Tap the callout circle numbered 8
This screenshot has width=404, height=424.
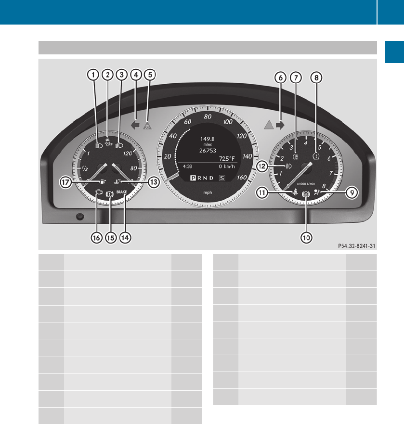[x=316, y=76]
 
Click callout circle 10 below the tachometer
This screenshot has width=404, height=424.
[x=307, y=237]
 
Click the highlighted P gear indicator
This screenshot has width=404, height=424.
[x=193, y=178]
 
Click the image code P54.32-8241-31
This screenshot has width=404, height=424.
[x=356, y=245]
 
